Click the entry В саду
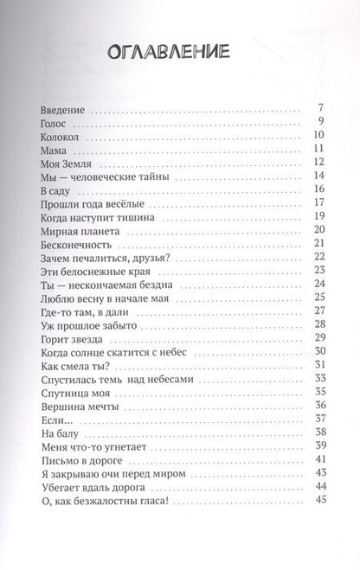(57, 189)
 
